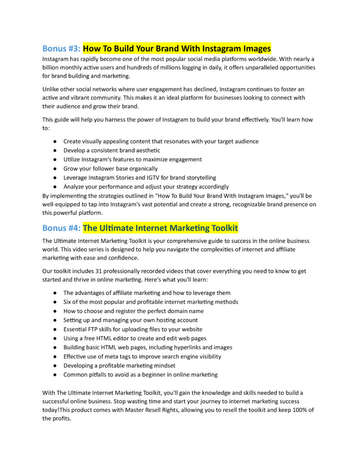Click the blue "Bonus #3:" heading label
coord(61,48)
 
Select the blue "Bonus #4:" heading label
coord(61,228)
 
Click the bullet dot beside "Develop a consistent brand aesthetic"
coord(55,150)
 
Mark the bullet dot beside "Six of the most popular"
coord(55,302)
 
